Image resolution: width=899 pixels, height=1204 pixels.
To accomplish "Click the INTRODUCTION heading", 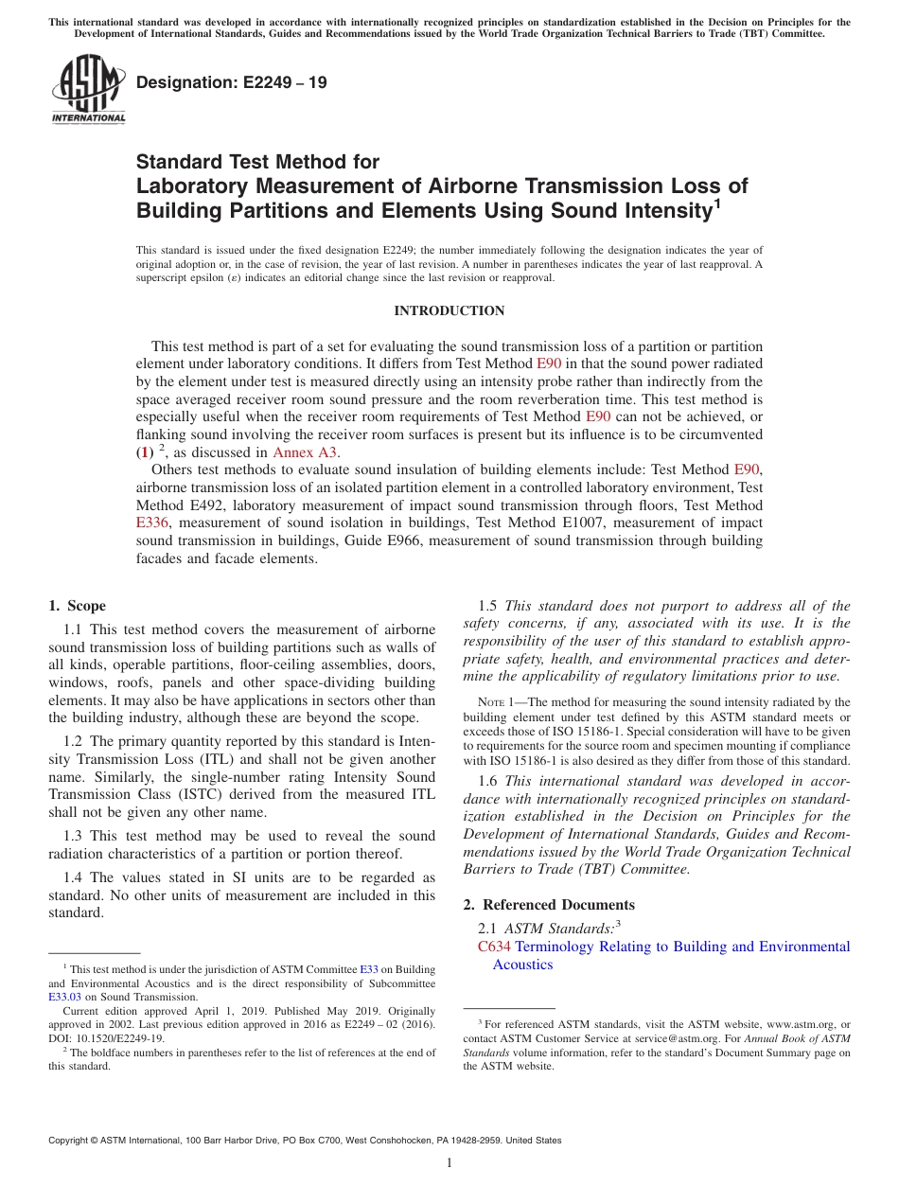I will pyautogui.click(x=449, y=310).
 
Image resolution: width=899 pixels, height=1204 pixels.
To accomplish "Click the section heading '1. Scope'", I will pyautogui.click(x=77, y=606).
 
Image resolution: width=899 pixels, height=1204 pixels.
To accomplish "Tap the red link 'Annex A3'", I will pyautogui.click(x=306, y=452).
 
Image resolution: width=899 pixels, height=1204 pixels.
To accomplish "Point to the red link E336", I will pyautogui.click(x=153, y=522).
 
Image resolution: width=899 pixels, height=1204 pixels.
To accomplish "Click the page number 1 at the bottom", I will pyautogui.click(x=449, y=1162).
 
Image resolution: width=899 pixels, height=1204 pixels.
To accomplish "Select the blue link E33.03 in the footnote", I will pyautogui.click(x=65, y=997).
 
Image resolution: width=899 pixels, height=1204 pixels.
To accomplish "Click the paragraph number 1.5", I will pyautogui.click(x=488, y=607).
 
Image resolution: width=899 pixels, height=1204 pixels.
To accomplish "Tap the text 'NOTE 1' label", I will pyautogui.click(x=496, y=702).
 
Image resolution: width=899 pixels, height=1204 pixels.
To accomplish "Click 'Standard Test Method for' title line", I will pyautogui.click(x=257, y=162).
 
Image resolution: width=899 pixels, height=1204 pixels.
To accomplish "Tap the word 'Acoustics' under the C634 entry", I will pyautogui.click(x=522, y=965).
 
